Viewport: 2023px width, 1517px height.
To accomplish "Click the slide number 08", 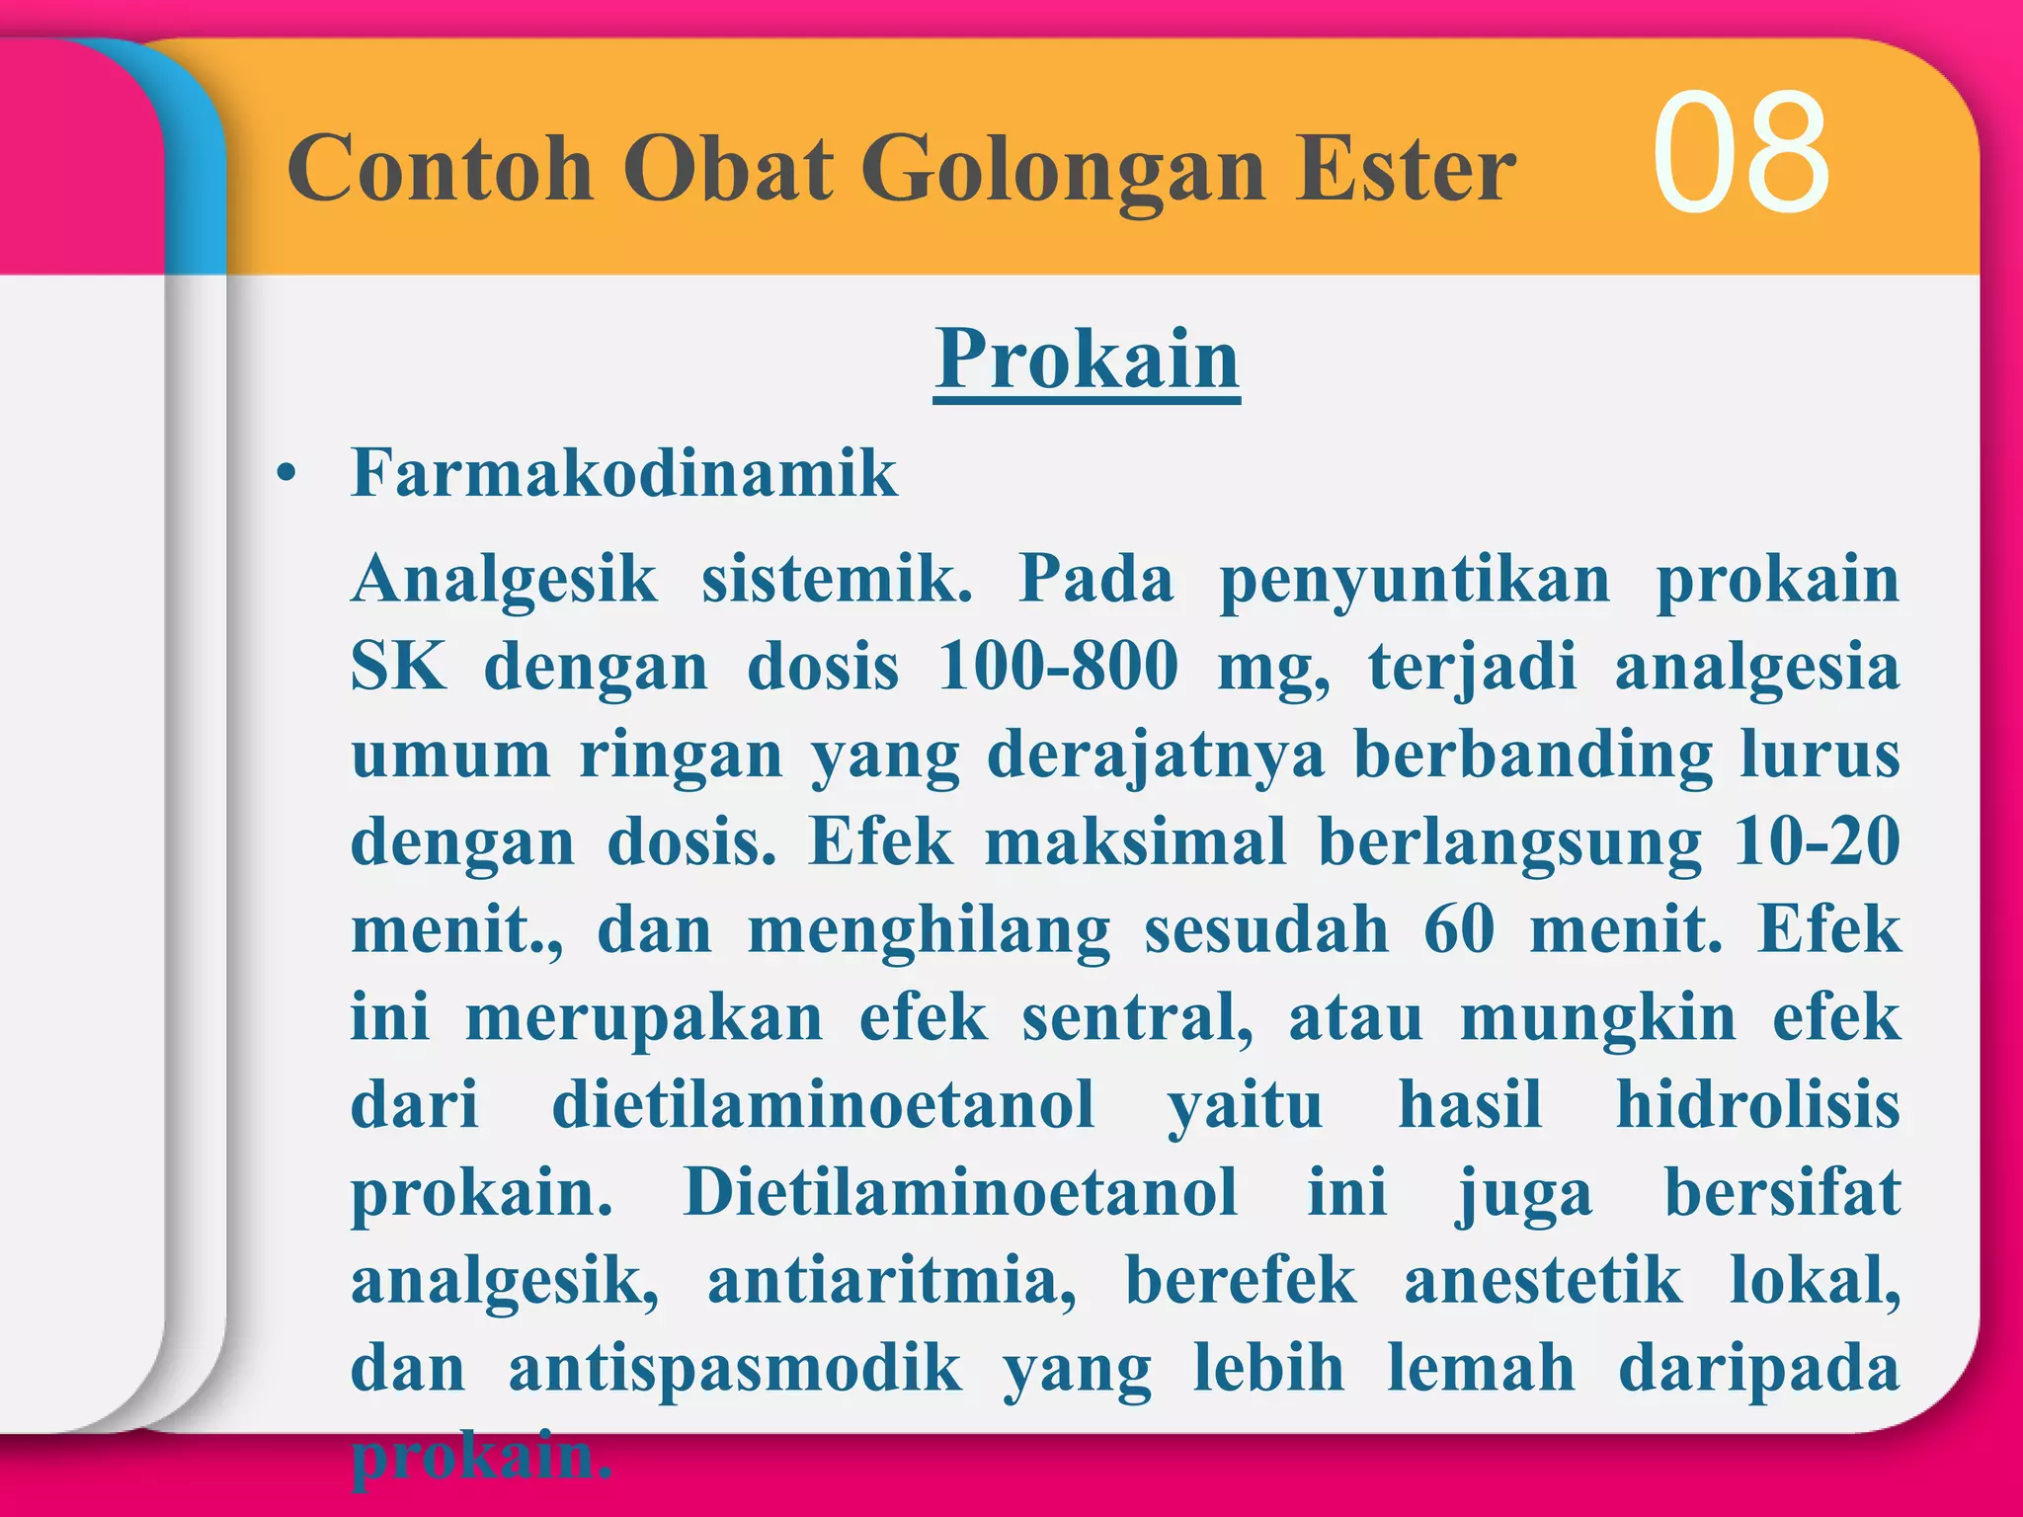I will coord(1740,153).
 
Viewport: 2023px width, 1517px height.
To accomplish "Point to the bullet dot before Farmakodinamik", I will coord(286,475).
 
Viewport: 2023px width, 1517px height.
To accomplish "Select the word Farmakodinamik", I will coord(624,473).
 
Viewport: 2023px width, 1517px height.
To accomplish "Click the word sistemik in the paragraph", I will coord(837,579).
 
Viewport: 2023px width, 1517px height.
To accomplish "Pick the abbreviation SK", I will coord(399,667).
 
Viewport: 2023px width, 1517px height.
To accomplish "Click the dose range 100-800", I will coord(1058,667).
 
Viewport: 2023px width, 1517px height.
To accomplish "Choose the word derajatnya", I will coord(1156,757).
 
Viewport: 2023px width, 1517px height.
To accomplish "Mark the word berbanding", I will coord(1533,757).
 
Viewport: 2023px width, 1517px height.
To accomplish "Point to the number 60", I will coord(1459,930).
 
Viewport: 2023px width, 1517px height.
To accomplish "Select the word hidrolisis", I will coord(1757,1105).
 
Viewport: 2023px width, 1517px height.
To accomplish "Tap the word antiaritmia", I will coord(892,1281).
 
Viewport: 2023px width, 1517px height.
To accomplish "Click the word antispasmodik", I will coord(735,1369).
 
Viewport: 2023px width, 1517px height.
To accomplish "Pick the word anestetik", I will coord(1543,1281).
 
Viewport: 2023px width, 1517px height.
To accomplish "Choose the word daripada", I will coord(1759,1369).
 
